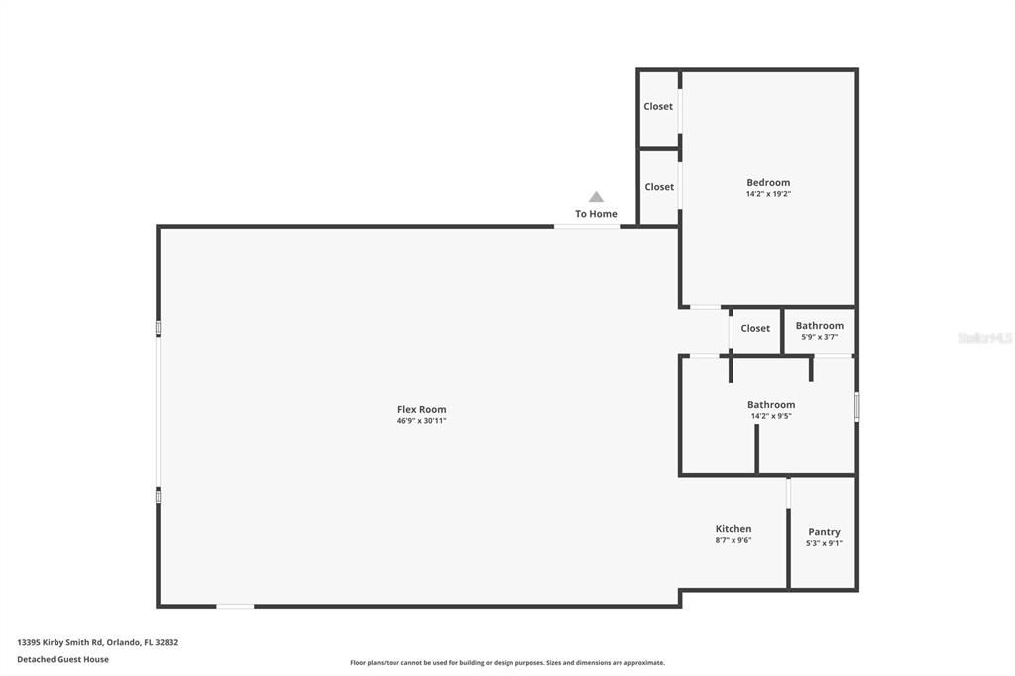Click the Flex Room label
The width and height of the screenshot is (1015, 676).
(421, 409)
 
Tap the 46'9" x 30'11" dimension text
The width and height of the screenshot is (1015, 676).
(421, 421)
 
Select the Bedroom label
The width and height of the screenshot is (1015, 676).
(768, 182)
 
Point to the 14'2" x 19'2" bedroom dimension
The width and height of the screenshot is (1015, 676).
(768, 193)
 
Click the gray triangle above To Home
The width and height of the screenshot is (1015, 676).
(596, 197)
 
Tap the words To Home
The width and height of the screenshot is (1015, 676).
(596, 214)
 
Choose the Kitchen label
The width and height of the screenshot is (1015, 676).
(733, 529)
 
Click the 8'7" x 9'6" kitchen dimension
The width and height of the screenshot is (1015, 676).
(733, 540)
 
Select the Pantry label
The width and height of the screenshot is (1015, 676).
(824, 532)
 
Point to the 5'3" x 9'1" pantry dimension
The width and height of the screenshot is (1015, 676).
(824, 543)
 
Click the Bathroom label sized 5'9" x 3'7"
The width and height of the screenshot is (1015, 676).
(819, 326)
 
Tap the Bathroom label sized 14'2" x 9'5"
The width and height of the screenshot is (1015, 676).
(771, 405)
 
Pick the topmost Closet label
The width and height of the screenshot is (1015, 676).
(658, 106)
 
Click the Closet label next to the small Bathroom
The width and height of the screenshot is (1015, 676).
(754, 328)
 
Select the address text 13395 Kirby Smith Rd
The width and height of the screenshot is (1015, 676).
(59, 642)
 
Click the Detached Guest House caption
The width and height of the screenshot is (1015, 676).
(62, 659)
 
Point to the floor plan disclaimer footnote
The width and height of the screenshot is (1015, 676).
(507, 662)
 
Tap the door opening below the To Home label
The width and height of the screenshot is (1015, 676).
(587, 226)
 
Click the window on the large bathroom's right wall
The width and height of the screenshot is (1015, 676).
(856, 406)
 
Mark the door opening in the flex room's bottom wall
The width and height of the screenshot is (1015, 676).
(235, 606)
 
